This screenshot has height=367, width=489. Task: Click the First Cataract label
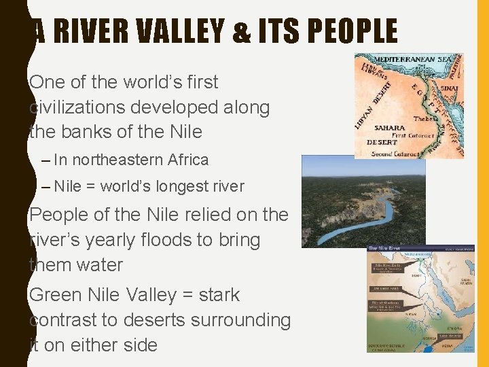tap(409, 135)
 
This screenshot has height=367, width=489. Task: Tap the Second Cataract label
tap(397, 154)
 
